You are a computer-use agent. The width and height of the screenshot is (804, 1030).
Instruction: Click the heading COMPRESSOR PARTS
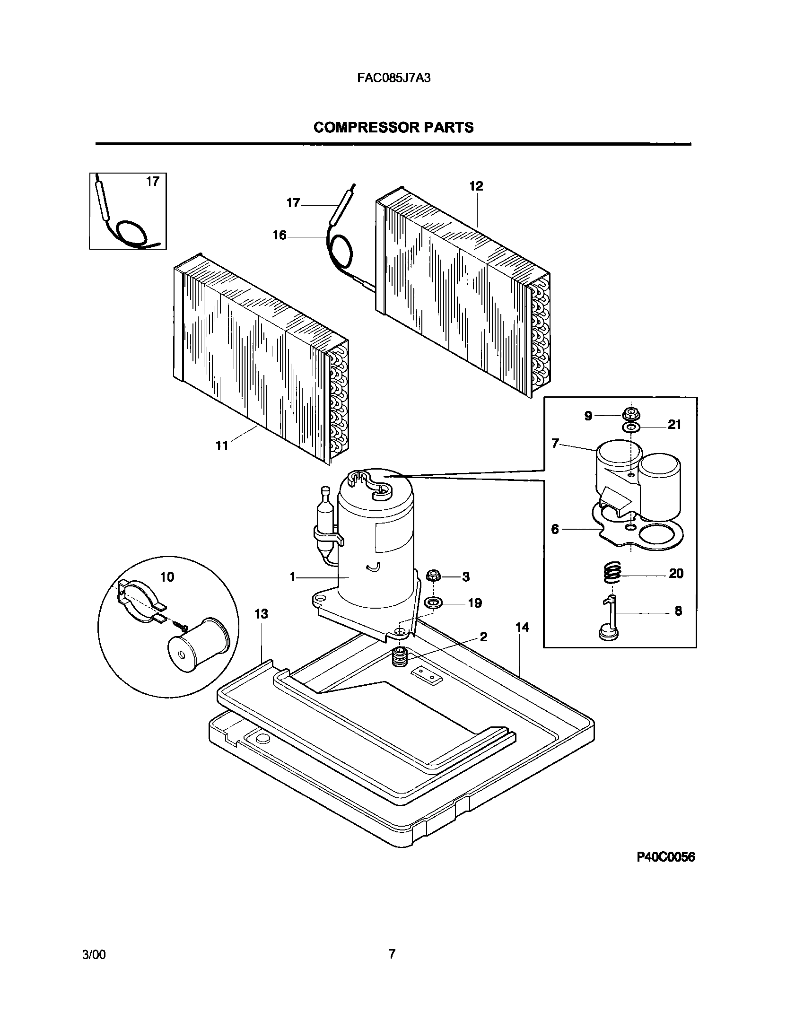(x=393, y=128)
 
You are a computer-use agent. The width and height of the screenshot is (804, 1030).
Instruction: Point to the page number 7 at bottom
(x=392, y=954)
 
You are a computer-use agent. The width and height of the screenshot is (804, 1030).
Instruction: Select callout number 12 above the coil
(x=476, y=186)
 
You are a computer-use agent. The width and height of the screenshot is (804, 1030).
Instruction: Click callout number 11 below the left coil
(x=222, y=445)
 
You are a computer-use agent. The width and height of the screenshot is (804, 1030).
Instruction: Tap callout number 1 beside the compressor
(x=293, y=577)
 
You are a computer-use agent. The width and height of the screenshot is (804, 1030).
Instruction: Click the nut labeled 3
(x=433, y=576)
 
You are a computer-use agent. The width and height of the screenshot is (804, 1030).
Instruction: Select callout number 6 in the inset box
(x=555, y=529)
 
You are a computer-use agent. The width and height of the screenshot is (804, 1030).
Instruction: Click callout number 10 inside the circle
(x=167, y=577)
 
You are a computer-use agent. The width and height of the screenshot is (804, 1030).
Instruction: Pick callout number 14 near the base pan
(x=522, y=628)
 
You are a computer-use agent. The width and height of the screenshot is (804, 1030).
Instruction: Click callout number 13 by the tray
(x=261, y=614)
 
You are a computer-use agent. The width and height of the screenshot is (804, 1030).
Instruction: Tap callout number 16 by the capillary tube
(x=280, y=235)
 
